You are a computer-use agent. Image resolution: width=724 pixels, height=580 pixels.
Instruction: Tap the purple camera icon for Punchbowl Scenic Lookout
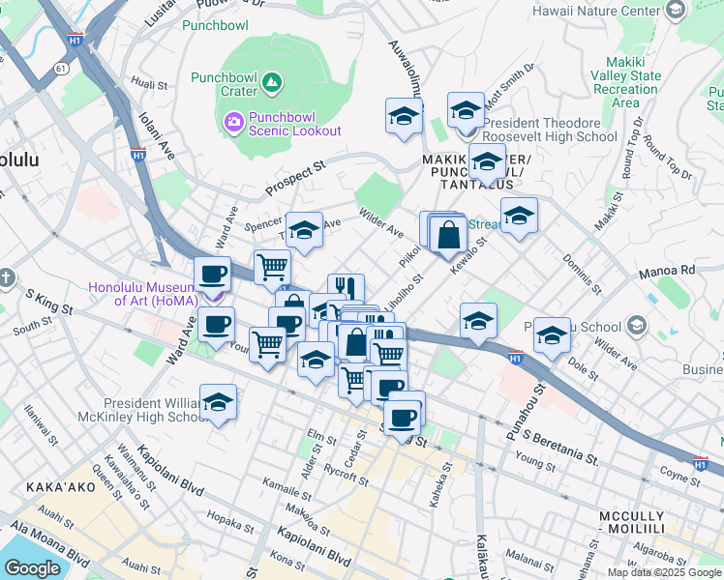click(233, 122)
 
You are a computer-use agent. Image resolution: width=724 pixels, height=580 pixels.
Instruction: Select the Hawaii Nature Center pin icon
click(676, 11)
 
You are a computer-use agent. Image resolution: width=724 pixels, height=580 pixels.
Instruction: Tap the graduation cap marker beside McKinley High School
click(219, 402)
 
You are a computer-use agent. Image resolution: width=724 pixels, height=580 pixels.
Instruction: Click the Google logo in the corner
click(33, 567)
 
